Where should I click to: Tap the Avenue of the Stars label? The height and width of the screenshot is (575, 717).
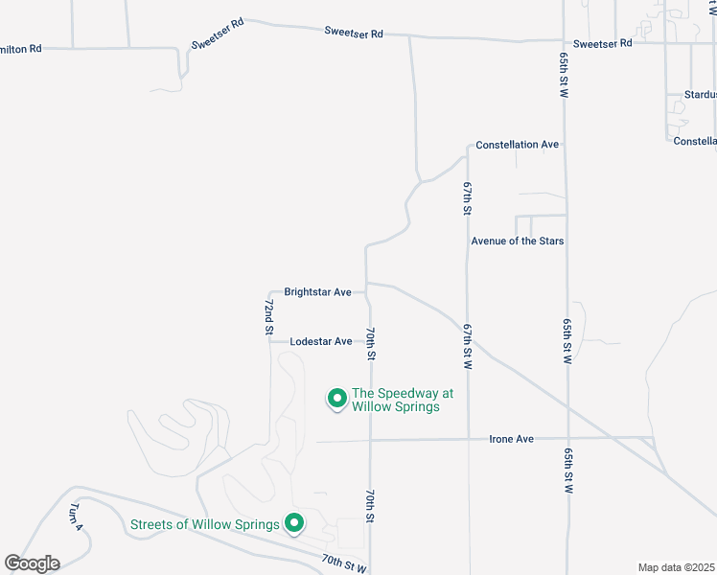(x=518, y=241)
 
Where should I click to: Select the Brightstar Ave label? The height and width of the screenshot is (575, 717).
(x=317, y=291)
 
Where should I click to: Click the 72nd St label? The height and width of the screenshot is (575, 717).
(x=269, y=316)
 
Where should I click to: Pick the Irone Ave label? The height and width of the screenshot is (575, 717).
(x=511, y=439)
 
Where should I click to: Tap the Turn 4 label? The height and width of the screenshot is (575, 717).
(x=77, y=517)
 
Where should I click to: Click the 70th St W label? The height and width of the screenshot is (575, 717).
(x=343, y=563)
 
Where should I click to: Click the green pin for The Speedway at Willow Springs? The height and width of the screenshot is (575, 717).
(x=337, y=398)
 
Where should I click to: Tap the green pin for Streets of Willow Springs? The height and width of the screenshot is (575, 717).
(x=295, y=523)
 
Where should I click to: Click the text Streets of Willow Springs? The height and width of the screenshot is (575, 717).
(x=205, y=524)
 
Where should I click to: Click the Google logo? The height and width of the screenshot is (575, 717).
(x=33, y=563)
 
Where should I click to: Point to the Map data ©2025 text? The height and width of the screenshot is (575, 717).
(x=676, y=567)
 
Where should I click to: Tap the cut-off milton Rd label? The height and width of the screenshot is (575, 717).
(x=21, y=47)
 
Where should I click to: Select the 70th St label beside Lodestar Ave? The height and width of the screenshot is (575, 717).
(x=370, y=343)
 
